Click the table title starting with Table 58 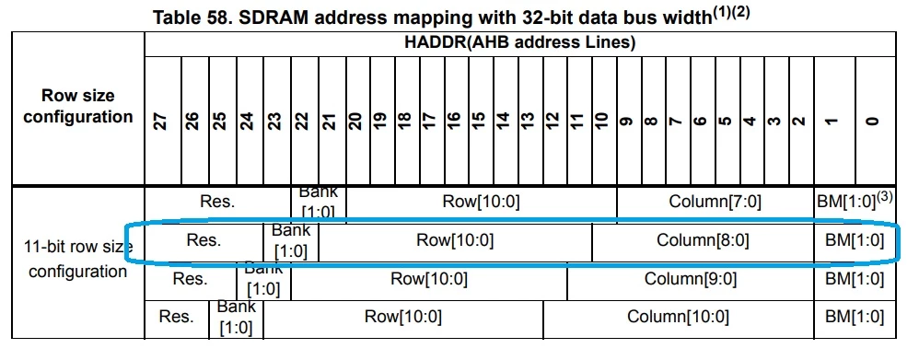(451, 16)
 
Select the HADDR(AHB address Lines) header (520, 42)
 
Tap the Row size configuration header (78, 106)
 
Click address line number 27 (163, 121)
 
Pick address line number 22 (301, 121)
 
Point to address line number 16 (453, 121)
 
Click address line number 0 (873, 122)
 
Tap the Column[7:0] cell (715, 203)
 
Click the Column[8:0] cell (703, 240)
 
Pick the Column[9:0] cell (691, 279)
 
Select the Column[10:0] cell (678, 318)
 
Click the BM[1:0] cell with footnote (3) (855, 201)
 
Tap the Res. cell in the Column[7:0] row (217, 203)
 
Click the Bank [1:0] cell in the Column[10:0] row (237, 318)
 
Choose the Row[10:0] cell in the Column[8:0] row (455, 240)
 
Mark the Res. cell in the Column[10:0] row (177, 318)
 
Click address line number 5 (725, 122)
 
